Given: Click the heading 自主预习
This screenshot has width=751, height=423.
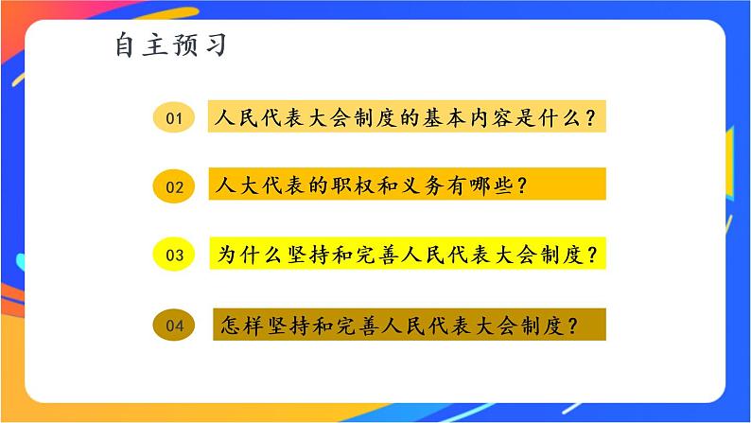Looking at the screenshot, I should point(171,44).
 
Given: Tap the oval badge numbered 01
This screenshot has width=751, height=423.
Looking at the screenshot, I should point(173,118).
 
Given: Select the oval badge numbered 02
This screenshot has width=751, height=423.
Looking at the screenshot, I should point(174,186).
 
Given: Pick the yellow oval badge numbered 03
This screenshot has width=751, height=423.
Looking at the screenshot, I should point(173,254).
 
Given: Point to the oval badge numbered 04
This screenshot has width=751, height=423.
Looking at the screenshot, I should point(173,325).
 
